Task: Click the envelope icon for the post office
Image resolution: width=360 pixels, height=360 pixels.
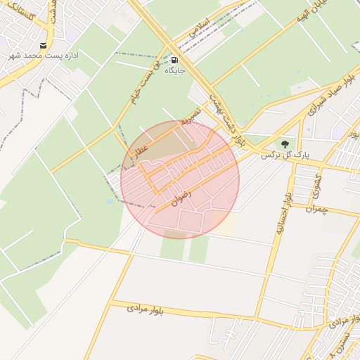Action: pos(44,46)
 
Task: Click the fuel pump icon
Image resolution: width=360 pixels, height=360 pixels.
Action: pos(174,60)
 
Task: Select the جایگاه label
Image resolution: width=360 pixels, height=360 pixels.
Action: pos(174,70)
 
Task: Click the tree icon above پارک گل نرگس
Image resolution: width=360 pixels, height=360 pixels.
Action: pos(284,143)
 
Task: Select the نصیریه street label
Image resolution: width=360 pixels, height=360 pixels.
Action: pos(191,116)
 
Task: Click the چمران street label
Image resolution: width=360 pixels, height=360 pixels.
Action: pos(319,209)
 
